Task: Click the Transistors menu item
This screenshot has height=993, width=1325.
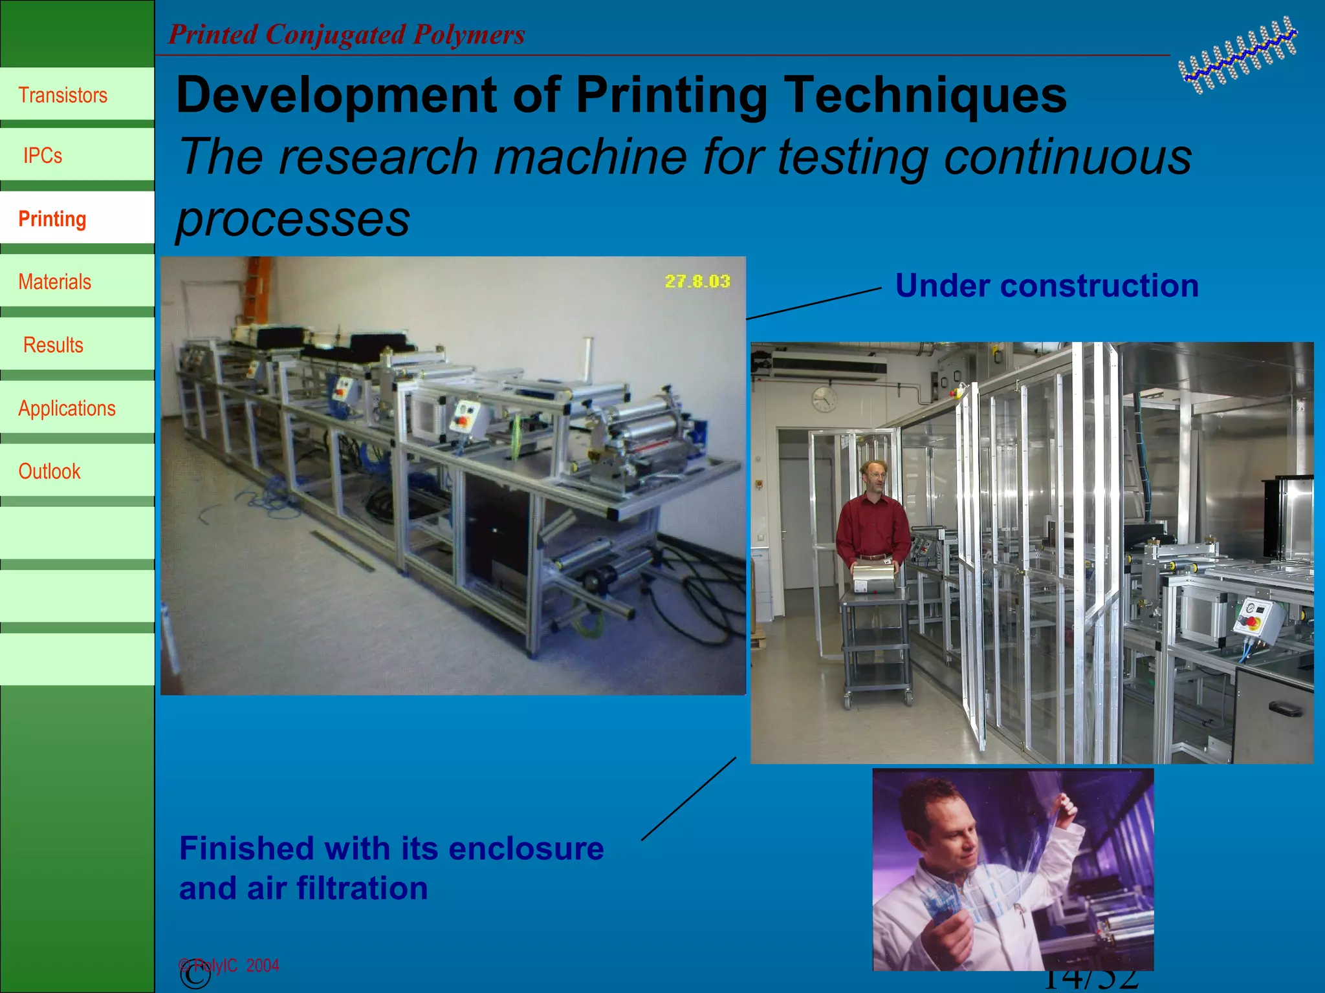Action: (x=63, y=95)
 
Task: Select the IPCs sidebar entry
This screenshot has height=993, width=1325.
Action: (x=43, y=156)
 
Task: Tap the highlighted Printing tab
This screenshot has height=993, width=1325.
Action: (x=52, y=219)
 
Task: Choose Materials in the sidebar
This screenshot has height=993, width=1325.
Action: (x=54, y=282)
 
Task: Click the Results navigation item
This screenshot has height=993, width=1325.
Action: (x=53, y=345)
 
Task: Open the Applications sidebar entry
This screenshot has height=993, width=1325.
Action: (x=67, y=409)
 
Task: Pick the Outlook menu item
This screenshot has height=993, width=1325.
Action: (x=49, y=471)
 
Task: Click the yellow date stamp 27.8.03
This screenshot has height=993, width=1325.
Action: (x=697, y=281)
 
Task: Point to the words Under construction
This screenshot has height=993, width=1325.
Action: (x=1046, y=286)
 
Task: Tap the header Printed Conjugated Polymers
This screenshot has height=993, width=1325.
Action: (x=347, y=34)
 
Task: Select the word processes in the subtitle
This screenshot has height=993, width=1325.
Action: (x=293, y=219)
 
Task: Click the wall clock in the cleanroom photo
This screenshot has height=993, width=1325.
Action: (x=824, y=399)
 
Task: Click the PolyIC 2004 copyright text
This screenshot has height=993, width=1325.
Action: (x=230, y=965)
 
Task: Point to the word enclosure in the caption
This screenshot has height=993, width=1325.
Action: (x=526, y=848)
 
